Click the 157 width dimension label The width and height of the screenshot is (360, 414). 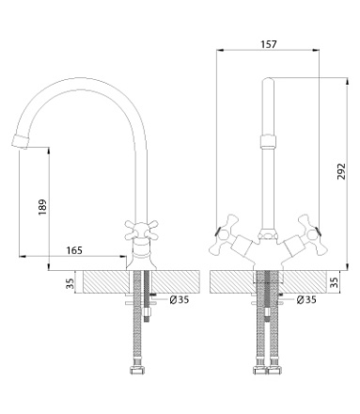click(269, 44)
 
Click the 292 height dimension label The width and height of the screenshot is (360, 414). click(341, 171)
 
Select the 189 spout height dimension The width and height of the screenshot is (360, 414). click(42, 207)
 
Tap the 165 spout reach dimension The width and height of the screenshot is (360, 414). click(74, 250)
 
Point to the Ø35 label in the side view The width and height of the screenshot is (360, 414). click(180, 300)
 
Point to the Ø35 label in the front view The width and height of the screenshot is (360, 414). click(306, 300)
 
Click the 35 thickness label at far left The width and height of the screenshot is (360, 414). click(70, 283)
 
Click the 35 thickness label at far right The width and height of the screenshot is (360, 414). click(335, 282)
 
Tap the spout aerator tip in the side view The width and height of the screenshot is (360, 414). click(19, 142)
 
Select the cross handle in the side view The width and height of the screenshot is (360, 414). click(141, 231)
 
